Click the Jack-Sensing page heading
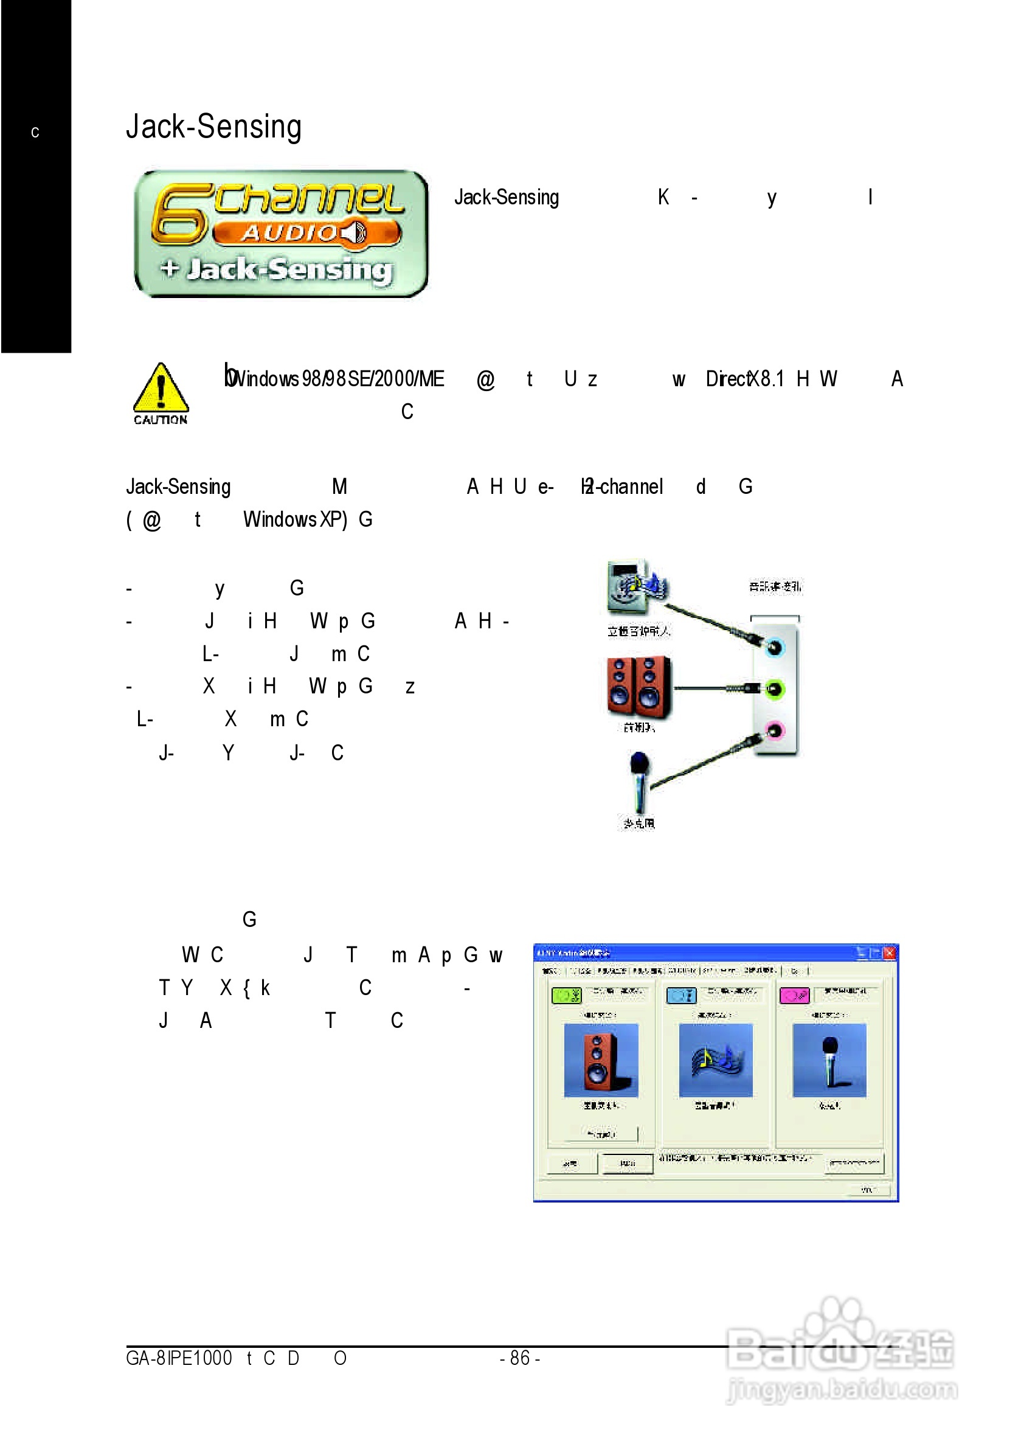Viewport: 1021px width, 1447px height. pos(213,126)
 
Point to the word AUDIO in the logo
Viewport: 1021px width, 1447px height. pos(290,233)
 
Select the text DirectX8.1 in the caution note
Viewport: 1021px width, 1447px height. pos(744,379)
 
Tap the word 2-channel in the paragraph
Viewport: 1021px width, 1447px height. pos(624,487)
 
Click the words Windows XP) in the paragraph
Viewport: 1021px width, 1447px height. pos(295,519)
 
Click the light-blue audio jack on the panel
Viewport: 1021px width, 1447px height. pos(774,647)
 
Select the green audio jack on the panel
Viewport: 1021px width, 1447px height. pos(774,689)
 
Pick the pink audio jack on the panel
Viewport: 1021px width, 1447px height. pos(774,730)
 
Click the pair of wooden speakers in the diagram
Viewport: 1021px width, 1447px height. pos(639,687)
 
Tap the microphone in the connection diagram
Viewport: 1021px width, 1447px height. pos(639,782)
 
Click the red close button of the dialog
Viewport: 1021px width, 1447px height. pos(889,953)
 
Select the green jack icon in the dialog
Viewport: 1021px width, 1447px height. pos(566,995)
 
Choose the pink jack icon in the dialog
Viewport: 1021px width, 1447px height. pos(794,995)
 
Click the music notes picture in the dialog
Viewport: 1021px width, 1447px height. pos(715,1060)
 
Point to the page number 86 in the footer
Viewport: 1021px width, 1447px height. pos(519,1358)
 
